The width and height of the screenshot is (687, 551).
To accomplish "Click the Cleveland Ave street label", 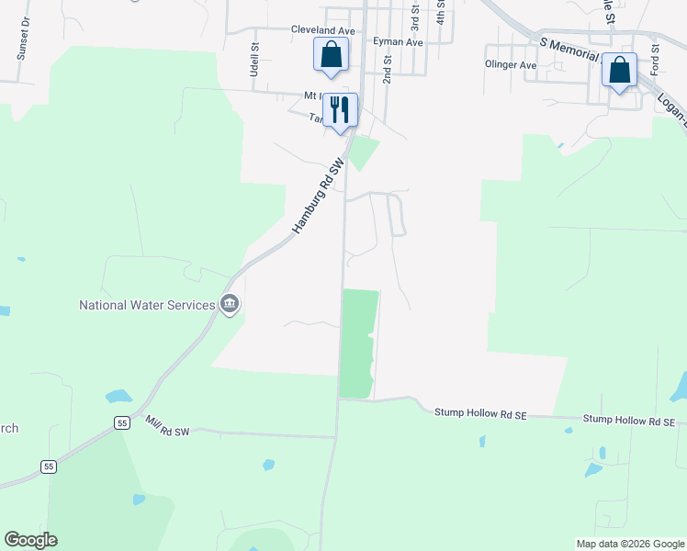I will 322,30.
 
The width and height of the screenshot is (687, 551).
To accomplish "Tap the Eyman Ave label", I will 398,42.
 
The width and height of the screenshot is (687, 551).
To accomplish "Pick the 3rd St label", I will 414,15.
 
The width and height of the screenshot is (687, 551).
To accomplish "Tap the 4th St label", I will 441,11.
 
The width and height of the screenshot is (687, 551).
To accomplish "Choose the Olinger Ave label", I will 510,65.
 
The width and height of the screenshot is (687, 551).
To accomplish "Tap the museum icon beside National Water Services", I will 230,304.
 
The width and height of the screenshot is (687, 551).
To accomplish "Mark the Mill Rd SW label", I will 167,425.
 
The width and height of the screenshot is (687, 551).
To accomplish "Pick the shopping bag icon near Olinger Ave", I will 620,70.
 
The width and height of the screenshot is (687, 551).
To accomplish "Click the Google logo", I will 30,540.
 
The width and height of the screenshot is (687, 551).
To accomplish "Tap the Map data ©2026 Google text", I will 629,544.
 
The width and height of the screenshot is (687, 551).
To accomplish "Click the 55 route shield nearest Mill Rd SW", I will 122,422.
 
